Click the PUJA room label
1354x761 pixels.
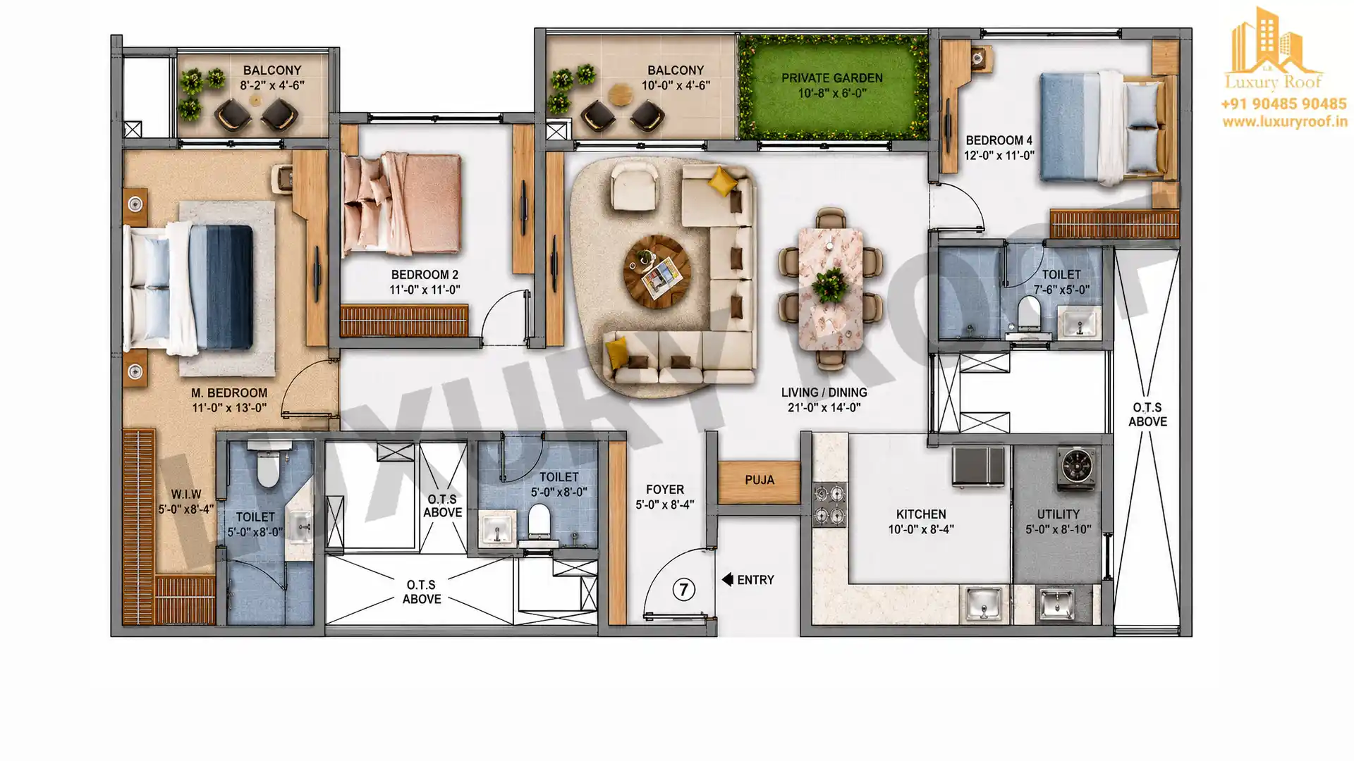coord(760,481)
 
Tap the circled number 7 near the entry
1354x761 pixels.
coord(683,589)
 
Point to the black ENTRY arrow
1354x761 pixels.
coord(727,579)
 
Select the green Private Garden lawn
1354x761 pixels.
coord(833,87)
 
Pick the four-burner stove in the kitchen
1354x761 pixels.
coord(829,505)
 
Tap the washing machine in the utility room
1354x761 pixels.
coord(1078,468)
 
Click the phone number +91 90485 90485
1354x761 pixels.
coord(1283,104)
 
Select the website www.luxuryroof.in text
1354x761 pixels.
coord(1285,122)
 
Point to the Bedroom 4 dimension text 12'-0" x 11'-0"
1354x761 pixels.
coord(999,156)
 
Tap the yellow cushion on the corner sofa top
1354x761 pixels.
coord(722,180)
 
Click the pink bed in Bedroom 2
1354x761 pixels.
coord(401,204)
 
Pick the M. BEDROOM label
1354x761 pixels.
coord(229,393)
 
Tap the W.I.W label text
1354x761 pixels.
coord(186,495)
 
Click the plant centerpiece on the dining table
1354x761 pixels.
coord(829,285)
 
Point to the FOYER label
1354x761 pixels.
coord(664,490)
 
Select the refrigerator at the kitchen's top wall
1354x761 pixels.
coord(978,466)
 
